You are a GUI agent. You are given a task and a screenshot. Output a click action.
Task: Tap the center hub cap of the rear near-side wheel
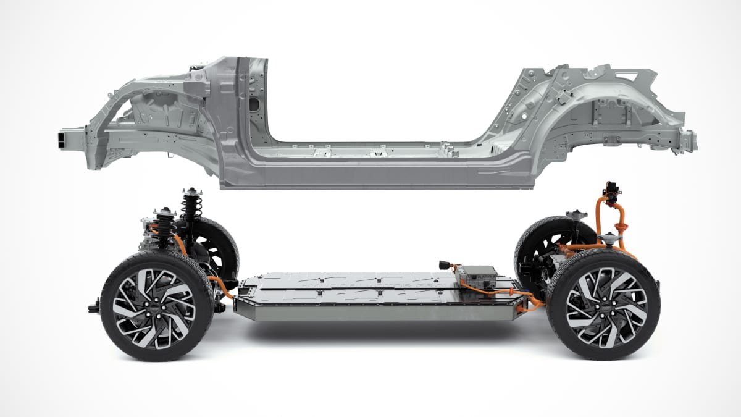click(x=603, y=305)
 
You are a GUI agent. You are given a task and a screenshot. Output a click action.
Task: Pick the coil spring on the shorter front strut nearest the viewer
click(x=163, y=229)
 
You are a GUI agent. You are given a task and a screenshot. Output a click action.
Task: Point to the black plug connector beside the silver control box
click(x=443, y=265)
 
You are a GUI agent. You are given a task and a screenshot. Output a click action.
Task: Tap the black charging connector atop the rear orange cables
click(x=613, y=192)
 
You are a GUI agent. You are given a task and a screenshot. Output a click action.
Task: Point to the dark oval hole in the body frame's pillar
click(x=253, y=104)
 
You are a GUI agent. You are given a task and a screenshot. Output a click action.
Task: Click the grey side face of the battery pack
click(x=371, y=313)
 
